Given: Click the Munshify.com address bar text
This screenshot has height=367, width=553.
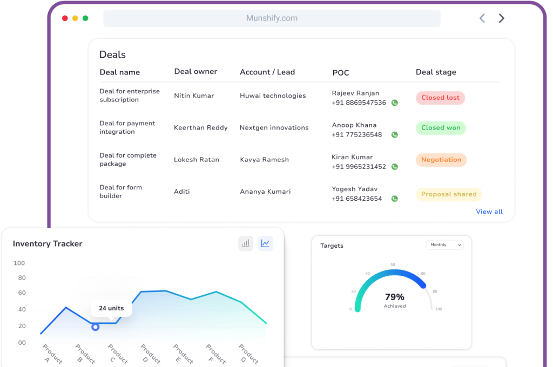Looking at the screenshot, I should (x=272, y=18).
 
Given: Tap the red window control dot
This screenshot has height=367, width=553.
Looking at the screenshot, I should (x=65, y=18).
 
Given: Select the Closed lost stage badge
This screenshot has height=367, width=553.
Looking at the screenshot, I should (x=440, y=98).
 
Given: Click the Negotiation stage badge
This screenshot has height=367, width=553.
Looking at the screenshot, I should (x=441, y=160).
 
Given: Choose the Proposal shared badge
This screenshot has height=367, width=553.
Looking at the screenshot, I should (x=448, y=194).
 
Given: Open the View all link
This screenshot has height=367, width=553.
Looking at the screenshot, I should (x=489, y=212).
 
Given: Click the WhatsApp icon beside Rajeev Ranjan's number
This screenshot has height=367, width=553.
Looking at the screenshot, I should (x=394, y=103).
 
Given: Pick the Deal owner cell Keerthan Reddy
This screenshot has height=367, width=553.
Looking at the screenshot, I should (x=200, y=128).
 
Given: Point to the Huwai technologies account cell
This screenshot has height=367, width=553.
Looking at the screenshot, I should (x=273, y=96).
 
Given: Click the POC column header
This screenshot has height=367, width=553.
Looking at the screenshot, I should (x=341, y=72).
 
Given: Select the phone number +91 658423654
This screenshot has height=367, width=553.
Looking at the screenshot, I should (x=356, y=199).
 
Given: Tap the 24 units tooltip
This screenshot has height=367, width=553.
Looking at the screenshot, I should (x=111, y=308).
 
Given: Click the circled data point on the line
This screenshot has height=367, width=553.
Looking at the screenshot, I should (x=96, y=327).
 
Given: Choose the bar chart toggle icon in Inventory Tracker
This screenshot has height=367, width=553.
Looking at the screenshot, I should (x=246, y=243).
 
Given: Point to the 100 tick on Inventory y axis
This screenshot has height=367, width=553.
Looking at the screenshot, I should (x=19, y=263).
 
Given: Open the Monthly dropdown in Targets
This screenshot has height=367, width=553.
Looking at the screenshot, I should (x=444, y=245).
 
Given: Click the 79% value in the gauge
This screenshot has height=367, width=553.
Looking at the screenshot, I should (x=394, y=297).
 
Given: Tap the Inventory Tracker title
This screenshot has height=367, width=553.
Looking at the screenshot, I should (x=48, y=244).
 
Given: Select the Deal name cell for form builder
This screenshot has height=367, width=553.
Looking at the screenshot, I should (x=120, y=192).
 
